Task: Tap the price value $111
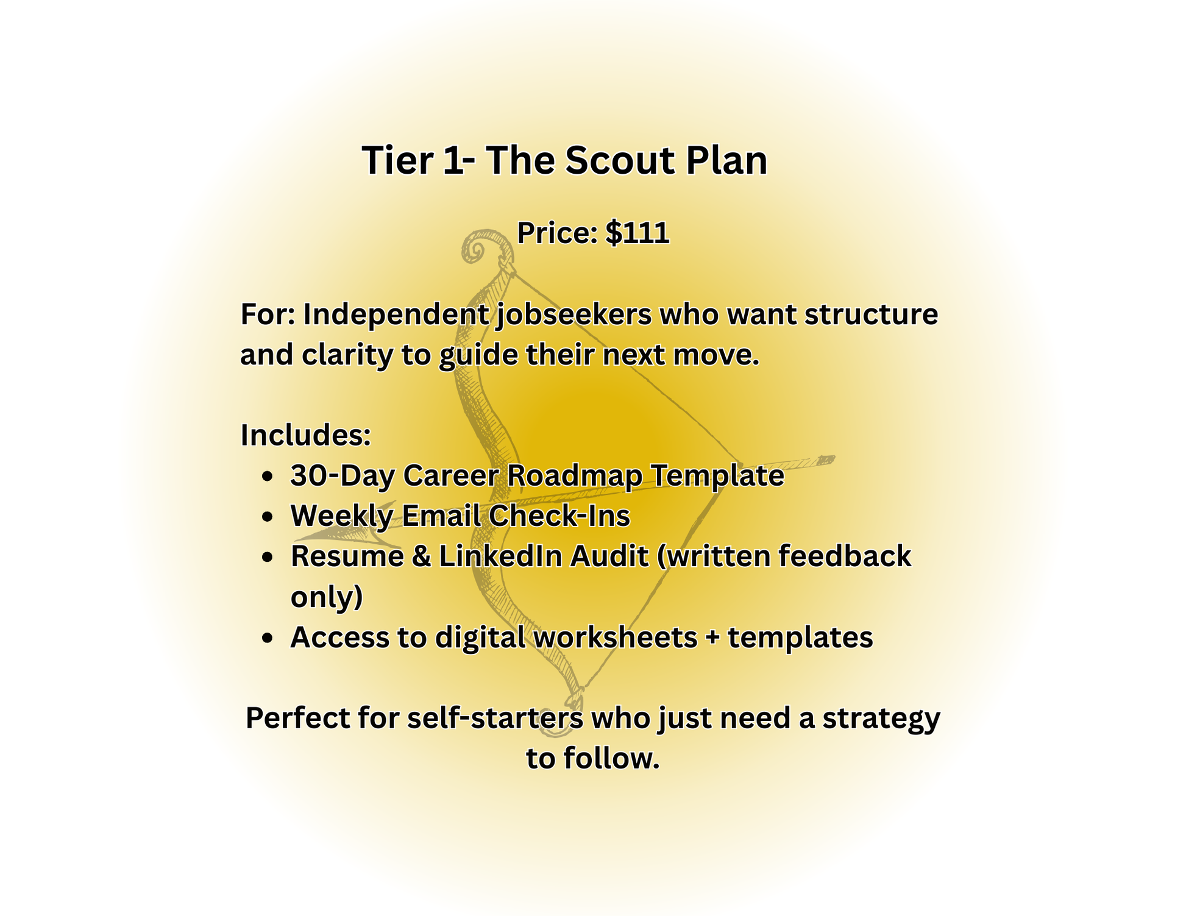click(x=637, y=233)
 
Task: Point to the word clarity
click(x=348, y=354)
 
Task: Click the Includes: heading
click(x=306, y=435)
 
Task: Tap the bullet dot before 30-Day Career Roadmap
click(x=266, y=477)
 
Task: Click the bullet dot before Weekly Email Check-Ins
click(x=266, y=517)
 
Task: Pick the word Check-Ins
click(x=559, y=516)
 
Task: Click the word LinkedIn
click(x=544, y=556)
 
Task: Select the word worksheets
click(x=616, y=637)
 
